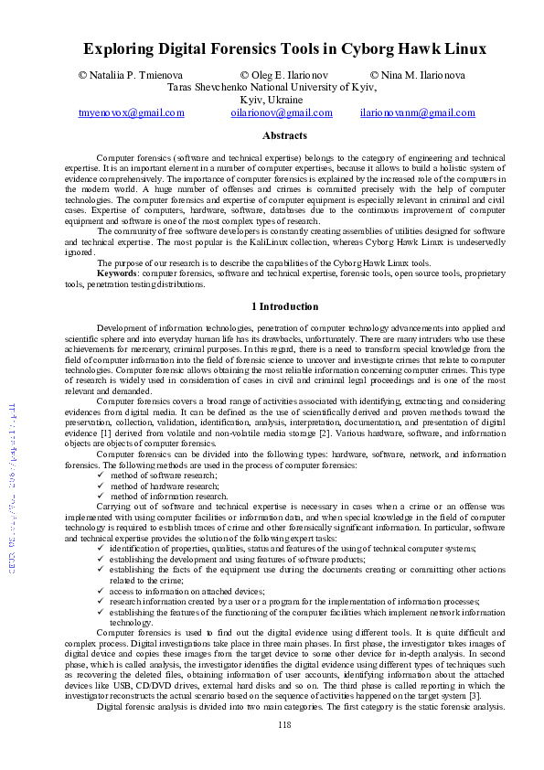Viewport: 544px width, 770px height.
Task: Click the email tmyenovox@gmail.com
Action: click(x=132, y=113)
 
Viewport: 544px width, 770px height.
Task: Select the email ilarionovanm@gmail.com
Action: click(x=418, y=113)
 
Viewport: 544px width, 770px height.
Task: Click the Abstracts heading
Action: click(x=284, y=135)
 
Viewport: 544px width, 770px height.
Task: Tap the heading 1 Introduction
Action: click(x=284, y=306)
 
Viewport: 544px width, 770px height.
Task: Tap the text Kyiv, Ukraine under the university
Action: click(x=272, y=100)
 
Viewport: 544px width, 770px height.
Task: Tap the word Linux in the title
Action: click(x=463, y=49)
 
